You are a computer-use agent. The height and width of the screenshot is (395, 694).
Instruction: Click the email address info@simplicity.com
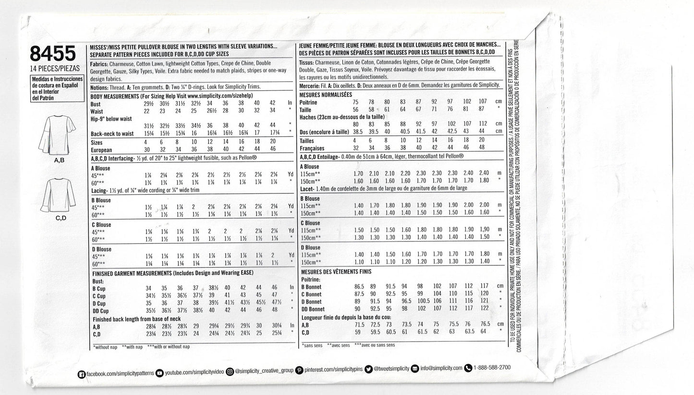coord(441,368)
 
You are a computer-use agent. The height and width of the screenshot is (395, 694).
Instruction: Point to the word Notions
coord(102,86)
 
